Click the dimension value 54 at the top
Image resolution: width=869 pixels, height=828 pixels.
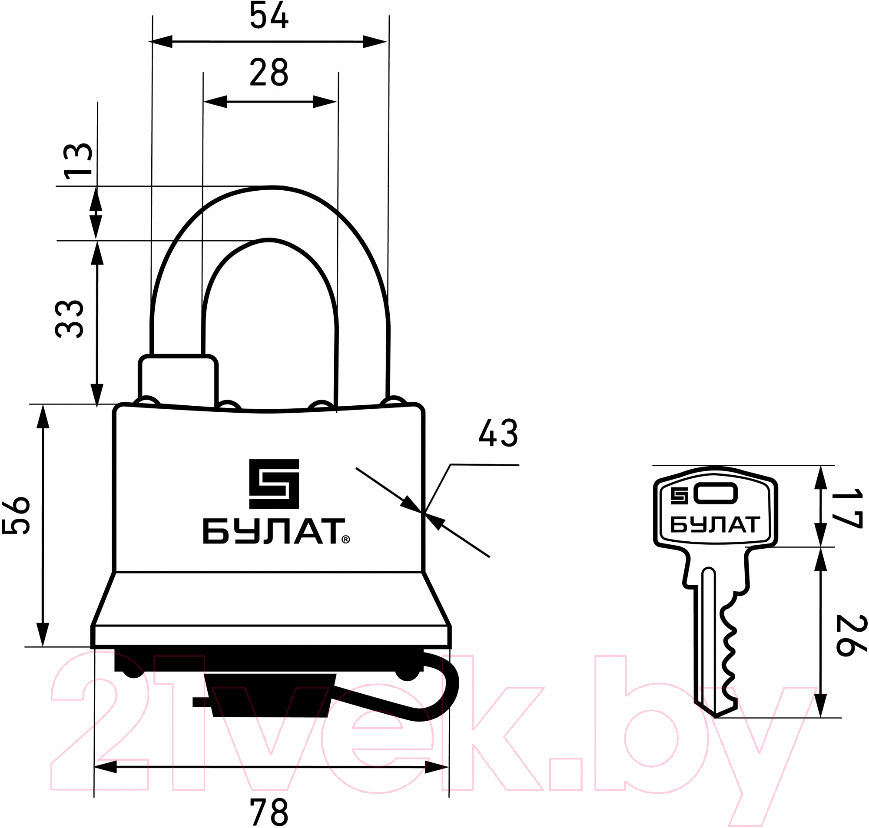(269, 15)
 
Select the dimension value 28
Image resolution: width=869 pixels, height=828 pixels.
(269, 73)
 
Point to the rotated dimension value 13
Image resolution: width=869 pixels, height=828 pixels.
(78, 161)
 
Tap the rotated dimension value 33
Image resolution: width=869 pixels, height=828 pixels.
(69, 319)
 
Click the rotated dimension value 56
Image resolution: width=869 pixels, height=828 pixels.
(16, 516)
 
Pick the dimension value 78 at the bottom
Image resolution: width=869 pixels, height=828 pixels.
(269, 812)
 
